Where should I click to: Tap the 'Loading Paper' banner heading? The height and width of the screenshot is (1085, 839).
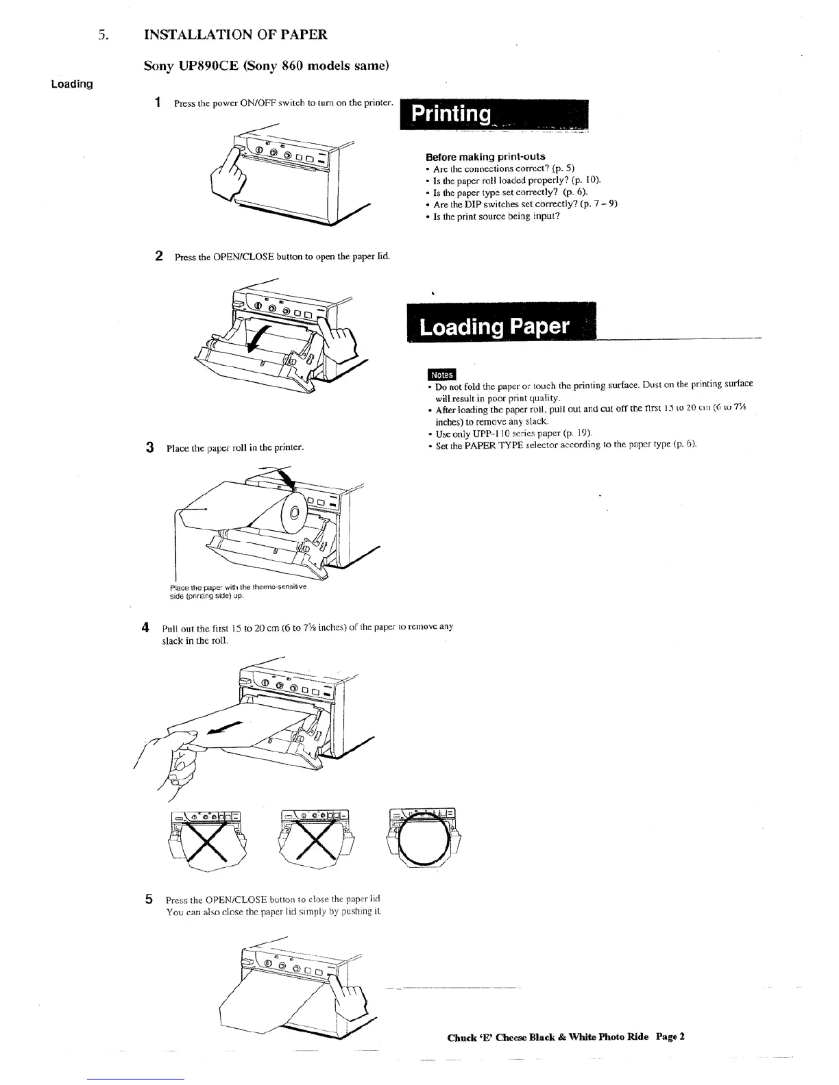coord(494,326)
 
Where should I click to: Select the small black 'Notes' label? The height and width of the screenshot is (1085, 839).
coord(441,374)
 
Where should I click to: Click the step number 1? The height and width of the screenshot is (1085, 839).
coord(158,103)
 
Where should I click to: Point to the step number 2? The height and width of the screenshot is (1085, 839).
coord(158,256)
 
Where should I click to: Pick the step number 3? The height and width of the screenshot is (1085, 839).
coord(149,447)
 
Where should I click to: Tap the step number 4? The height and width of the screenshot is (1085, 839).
coord(145,627)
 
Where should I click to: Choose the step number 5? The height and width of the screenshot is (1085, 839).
coord(149,899)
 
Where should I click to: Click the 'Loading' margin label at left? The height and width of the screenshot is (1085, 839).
coord(72,84)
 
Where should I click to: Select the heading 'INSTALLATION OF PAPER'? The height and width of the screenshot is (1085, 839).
coord(235,34)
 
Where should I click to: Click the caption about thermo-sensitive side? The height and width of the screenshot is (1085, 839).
coord(237,591)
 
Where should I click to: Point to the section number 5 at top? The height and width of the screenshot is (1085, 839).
coord(103,35)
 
